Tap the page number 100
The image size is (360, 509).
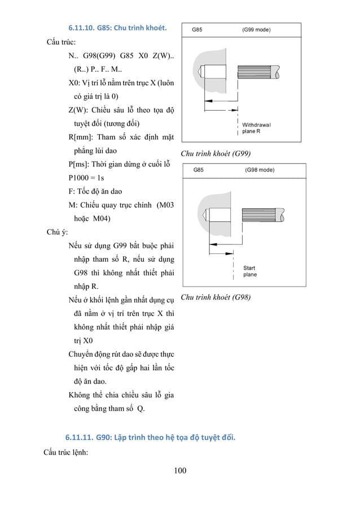pyautogui.click(x=179, y=471)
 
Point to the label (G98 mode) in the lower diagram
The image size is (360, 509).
pyautogui.click(x=260, y=170)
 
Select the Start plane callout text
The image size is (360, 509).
pyautogui.click(x=249, y=271)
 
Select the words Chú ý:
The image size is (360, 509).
pyautogui.click(x=58, y=232)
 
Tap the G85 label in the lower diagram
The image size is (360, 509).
pyautogui.click(x=199, y=170)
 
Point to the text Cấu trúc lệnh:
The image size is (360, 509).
pyautogui.click(x=65, y=451)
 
